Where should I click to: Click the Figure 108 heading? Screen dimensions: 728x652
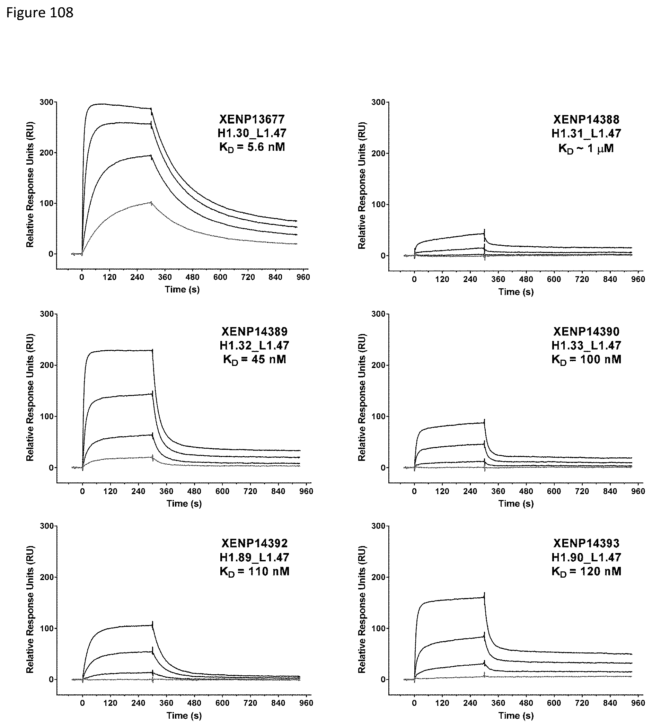[x=40, y=13]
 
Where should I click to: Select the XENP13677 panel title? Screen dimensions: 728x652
[x=252, y=119]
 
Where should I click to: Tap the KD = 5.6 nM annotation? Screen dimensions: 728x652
[x=252, y=147]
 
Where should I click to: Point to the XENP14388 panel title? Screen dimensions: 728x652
[x=586, y=119]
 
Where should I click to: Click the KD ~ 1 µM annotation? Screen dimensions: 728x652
[x=586, y=148]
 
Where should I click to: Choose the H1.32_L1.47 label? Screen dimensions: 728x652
[x=254, y=345]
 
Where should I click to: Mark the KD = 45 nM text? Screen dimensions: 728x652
[x=254, y=359]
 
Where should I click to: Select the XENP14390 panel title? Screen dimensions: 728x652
[x=586, y=331]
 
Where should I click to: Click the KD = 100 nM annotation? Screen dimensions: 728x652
[x=586, y=359]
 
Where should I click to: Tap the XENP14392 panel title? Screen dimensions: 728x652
[x=254, y=543]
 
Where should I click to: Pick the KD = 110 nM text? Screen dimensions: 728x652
[x=254, y=571]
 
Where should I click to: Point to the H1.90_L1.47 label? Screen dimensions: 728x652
[x=586, y=557]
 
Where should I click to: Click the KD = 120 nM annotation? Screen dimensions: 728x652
[x=586, y=571]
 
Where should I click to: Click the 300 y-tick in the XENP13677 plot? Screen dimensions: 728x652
[x=46, y=102]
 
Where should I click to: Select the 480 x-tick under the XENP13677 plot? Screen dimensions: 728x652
[x=192, y=277]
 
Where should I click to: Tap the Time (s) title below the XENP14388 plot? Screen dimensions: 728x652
[x=516, y=292]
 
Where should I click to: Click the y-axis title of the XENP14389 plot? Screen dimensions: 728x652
[x=30, y=397]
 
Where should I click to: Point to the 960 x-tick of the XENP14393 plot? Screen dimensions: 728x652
[x=638, y=703]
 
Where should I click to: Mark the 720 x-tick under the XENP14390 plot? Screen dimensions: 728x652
[x=582, y=491]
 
